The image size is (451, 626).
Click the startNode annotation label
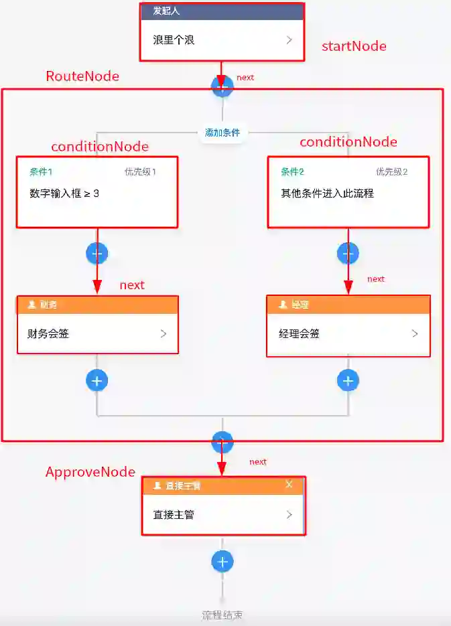[x=354, y=46]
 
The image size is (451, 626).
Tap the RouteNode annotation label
[x=82, y=76]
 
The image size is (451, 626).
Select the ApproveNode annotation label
[x=90, y=472]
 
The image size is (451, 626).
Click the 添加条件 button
[x=222, y=133]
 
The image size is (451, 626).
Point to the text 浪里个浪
[x=174, y=40]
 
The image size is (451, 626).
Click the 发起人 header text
[x=166, y=11]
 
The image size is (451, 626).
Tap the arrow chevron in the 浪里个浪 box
[x=289, y=40]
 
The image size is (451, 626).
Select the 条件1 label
[x=41, y=171]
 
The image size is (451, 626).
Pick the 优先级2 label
[x=392, y=171]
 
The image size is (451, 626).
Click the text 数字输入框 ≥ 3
[x=65, y=193]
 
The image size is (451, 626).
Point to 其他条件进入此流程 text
[x=327, y=193]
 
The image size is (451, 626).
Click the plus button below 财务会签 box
[x=97, y=380]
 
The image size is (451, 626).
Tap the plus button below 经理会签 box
[x=347, y=380]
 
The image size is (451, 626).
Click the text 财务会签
[x=48, y=333]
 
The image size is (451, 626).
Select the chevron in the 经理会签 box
[x=415, y=333]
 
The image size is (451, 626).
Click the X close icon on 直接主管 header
[x=289, y=484]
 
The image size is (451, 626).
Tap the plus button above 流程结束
[x=222, y=561]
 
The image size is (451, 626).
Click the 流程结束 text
[x=222, y=615]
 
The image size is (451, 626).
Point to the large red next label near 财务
[x=132, y=285]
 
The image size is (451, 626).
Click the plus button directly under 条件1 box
[x=97, y=253]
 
